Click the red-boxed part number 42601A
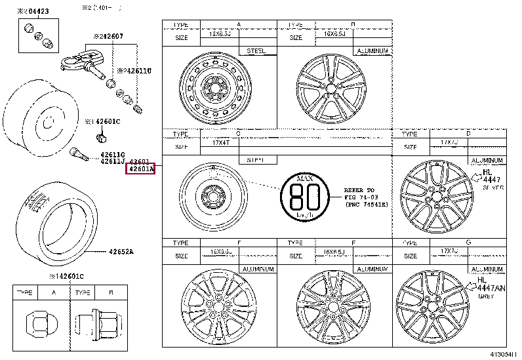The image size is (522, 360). pyautogui.click(x=140, y=169)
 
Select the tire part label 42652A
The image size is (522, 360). pyautogui.click(x=121, y=251)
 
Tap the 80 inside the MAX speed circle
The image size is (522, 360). pyautogui.click(x=304, y=195)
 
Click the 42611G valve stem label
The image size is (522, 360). pyautogui.click(x=112, y=155)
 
